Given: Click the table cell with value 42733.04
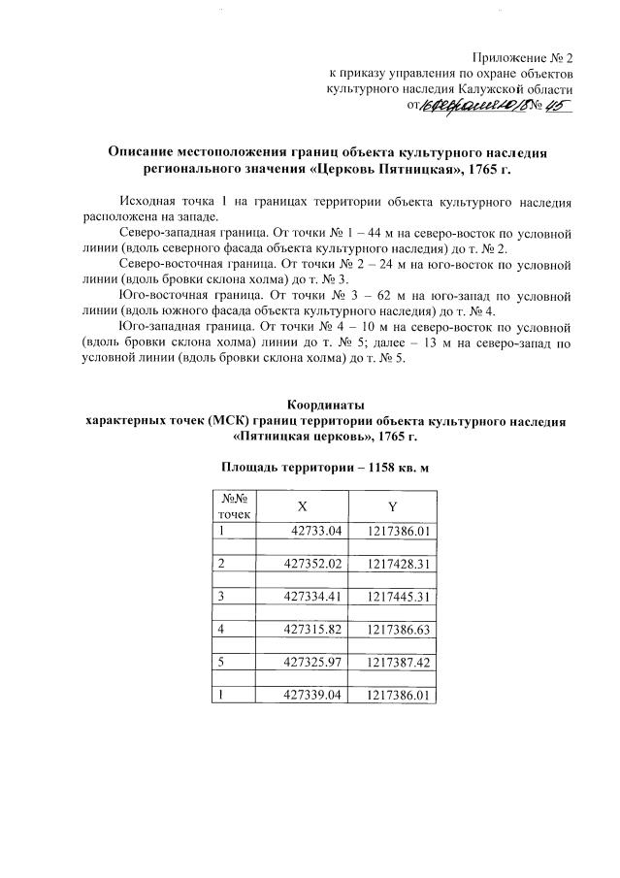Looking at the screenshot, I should tap(318, 530).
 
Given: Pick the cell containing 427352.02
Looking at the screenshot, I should tap(314, 564).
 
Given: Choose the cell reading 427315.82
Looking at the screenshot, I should tap(314, 630).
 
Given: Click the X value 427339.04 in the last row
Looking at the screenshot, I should tap(314, 696).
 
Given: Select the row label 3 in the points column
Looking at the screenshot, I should tap(222, 597).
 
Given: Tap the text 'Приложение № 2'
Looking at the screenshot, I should tap(523, 57).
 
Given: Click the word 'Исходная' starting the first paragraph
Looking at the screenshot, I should tap(145, 201).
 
